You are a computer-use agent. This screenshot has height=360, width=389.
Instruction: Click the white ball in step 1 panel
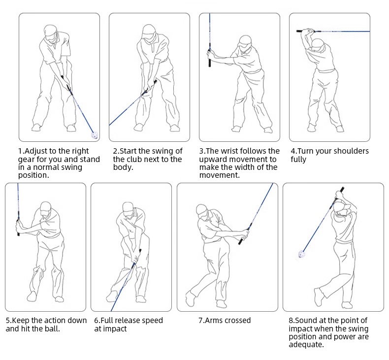(x=95, y=134)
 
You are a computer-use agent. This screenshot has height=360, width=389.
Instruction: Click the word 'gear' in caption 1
(x=28, y=159)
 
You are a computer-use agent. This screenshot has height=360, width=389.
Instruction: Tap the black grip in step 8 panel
(x=340, y=193)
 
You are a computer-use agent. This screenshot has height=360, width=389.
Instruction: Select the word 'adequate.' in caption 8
(x=306, y=345)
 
